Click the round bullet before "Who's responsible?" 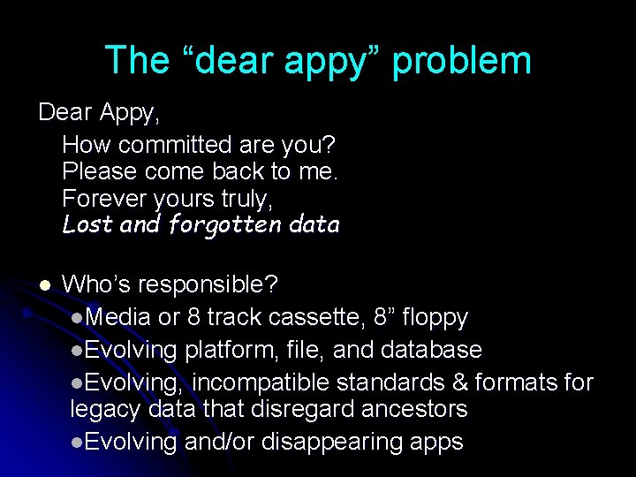pyautogui.click(x=43, y=284)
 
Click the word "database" pyautogui.click(x=432, y=350)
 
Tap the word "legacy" pyautogui.click(x=102, y=410)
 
